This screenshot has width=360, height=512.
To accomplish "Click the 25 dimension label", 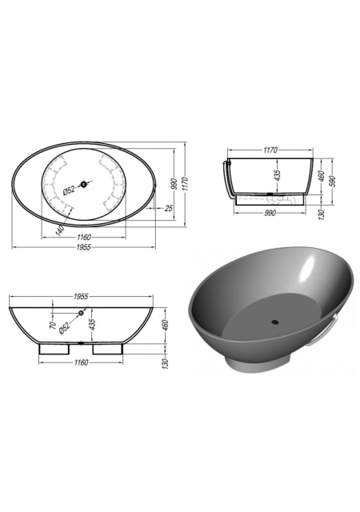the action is [168, 208].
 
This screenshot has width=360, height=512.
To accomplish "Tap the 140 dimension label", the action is [60, 230].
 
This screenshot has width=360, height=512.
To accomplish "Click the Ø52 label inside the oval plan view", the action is [69, 190].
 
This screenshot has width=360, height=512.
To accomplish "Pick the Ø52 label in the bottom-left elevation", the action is [64, 327].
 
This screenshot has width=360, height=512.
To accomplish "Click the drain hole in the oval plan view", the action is [84, 185].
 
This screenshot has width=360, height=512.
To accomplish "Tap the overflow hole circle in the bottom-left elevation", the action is [81, 314].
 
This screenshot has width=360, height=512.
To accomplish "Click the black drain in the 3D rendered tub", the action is [275, 322].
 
